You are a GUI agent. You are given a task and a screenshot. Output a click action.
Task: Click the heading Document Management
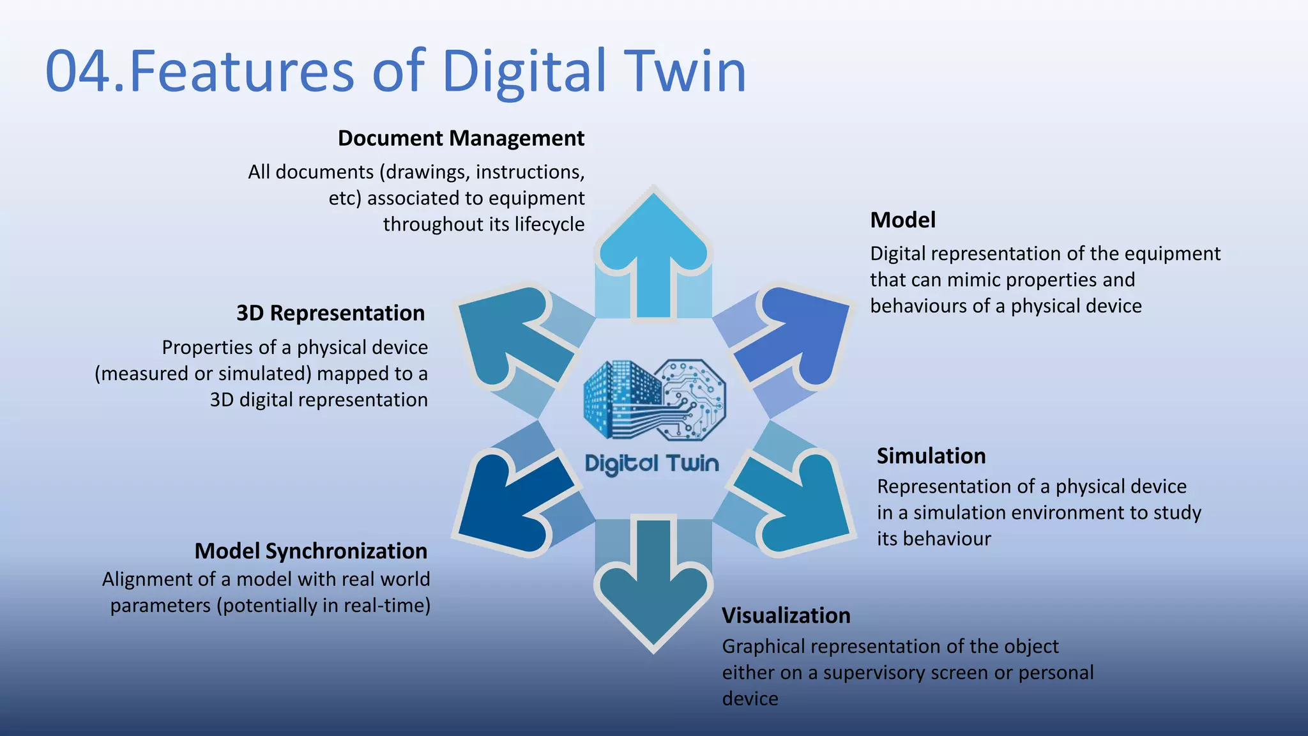coord(460,138)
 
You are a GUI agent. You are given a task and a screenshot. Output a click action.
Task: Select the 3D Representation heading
coord(330,313)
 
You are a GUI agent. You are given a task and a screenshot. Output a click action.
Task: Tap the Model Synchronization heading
coord(310,551)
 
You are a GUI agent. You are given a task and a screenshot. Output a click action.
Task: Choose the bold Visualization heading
coord(786,615)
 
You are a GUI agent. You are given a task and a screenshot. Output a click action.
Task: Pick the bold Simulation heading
coord(931,456)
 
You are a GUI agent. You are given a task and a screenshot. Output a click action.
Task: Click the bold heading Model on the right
coord(902,220)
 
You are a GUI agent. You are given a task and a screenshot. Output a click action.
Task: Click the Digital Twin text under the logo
coord(651,463)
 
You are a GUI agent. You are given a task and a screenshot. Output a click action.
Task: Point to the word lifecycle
coord(549,224)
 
